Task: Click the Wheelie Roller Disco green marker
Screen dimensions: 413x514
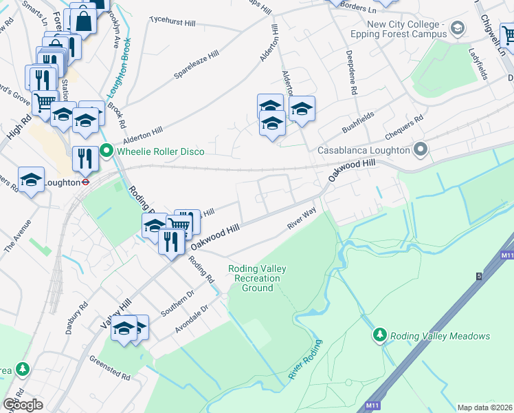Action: click(x=107, y=151)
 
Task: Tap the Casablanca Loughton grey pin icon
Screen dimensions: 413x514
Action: click(x=421, y=150)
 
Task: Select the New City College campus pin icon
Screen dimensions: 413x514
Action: click(x=458, y=28)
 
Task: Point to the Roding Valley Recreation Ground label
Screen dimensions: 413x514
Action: click(x=258, y=278)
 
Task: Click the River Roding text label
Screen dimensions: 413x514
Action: click(x=306, y=359)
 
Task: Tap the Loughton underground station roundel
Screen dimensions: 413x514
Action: click(x=85, y=183)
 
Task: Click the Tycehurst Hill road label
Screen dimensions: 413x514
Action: click(x=172, y=23)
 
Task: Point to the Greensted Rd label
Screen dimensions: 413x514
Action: click(x=110, y=368)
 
